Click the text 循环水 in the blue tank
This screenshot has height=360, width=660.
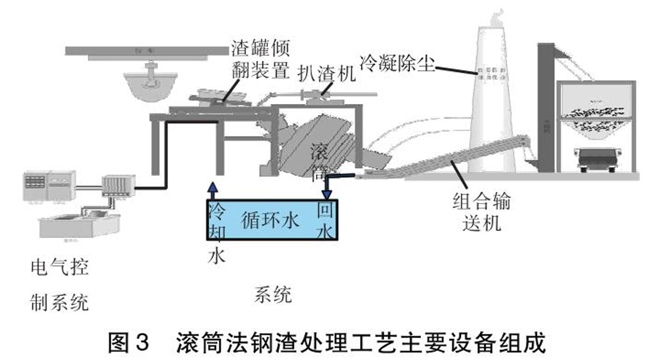pos(270,220)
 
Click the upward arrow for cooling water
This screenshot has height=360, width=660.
pos(213,190)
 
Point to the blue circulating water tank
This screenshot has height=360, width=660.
pos(271,220)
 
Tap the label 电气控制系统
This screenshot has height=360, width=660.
pos(58,285)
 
